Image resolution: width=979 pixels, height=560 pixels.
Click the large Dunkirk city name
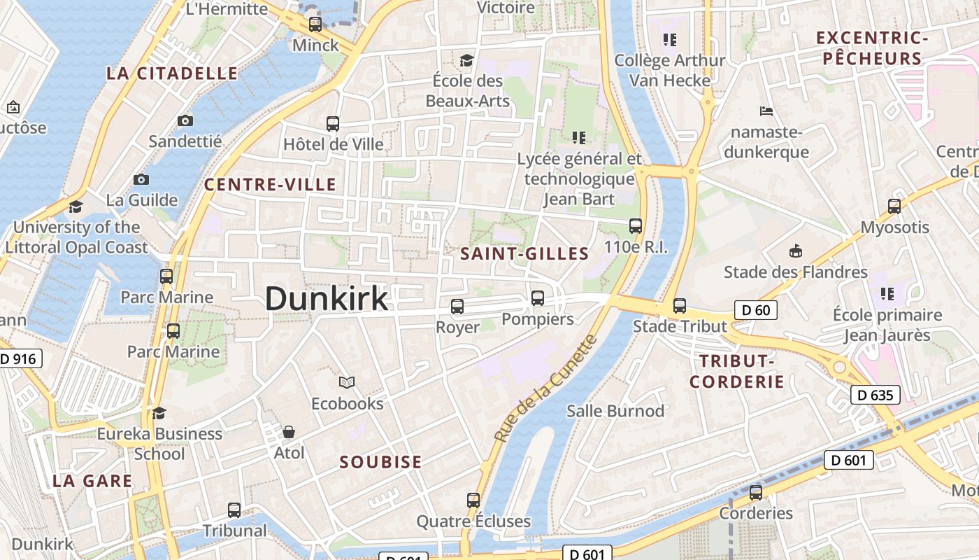[x=326, y=299]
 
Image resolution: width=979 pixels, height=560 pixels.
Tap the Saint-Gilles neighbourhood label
[x=524, y=254]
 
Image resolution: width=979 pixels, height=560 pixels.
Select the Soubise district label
[x=380, y=462]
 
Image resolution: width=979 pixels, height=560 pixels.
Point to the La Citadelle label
[x=172, y=73]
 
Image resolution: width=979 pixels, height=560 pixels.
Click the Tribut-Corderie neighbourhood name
[x=736, y=371]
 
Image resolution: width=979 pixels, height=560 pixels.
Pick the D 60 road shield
[x=756, y=309]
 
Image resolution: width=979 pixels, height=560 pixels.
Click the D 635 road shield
[x=875, y=395]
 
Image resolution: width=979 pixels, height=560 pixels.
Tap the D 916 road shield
[x=19, y=359]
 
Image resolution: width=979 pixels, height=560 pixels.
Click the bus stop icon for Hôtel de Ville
[x=333, y=124]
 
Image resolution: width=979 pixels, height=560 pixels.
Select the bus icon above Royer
[x=457, y=306]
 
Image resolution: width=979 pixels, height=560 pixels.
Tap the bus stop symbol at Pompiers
[x=538, y=298]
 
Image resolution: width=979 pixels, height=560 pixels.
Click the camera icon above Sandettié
[x=185, y=120]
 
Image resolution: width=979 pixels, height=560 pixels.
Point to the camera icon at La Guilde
[x=141, y=179]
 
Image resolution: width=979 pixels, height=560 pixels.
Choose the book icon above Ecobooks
[x=347, y=382]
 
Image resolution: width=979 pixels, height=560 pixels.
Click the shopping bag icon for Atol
[x=289, y=432]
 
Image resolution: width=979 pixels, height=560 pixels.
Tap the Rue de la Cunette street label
[x=546, y=388]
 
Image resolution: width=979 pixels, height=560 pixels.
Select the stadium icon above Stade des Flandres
[x=795, y=251]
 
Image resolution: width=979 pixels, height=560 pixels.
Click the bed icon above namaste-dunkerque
[x=766, y=111]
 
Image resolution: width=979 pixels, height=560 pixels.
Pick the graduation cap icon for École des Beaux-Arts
[x=466, y=60]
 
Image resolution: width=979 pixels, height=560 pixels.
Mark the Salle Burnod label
[x=615, y=411]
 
